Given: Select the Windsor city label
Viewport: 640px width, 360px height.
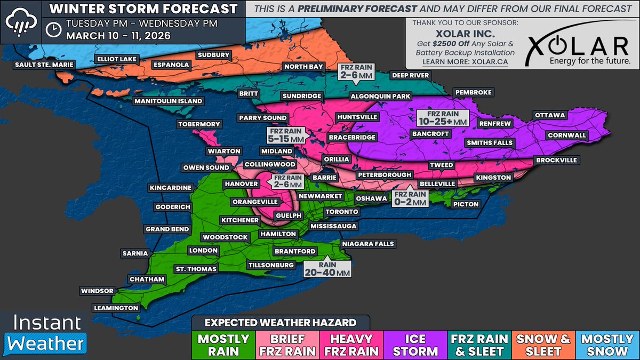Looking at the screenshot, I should pos(97,291).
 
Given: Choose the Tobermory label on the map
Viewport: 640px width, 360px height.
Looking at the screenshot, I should pos(198,124).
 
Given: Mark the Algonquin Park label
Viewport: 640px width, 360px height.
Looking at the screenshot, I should pos(380,97).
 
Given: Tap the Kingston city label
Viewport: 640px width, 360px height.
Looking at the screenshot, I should pos(493,177).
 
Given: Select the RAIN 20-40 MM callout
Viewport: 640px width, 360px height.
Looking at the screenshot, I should pos(328,268).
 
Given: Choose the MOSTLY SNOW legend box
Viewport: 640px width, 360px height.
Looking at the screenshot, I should pos(607,345).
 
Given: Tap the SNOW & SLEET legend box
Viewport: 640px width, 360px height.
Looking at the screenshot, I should pos(544,345).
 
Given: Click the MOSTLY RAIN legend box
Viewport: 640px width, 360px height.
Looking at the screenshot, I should pos(223,345).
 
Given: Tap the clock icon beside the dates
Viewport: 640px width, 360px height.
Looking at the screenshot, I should pos(53,30).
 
